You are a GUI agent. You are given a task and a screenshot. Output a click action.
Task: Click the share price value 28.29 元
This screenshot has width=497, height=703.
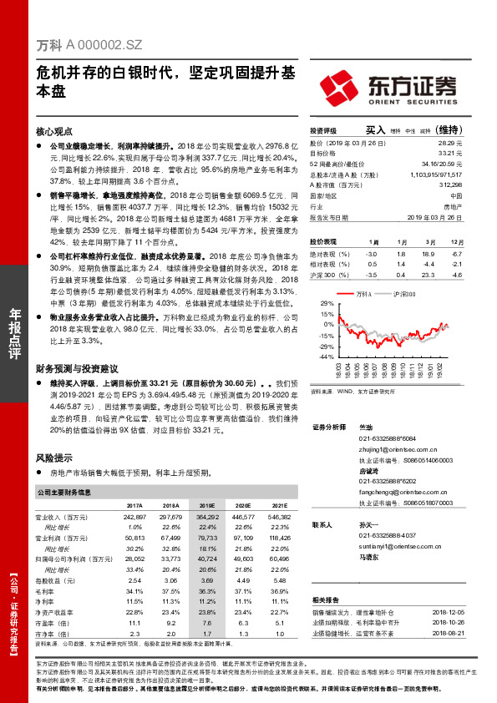pyautogui.click(x=450, y=144)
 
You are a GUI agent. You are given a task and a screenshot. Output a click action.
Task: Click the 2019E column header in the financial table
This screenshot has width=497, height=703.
pyautogui.click(x=205, y=506)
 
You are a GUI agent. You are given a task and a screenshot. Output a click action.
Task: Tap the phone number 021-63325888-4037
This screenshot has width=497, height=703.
pyautogui.click(x=386, y=534)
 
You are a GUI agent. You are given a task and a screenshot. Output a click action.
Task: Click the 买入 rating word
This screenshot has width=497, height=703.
pyautogui.click(x=375, y=130)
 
